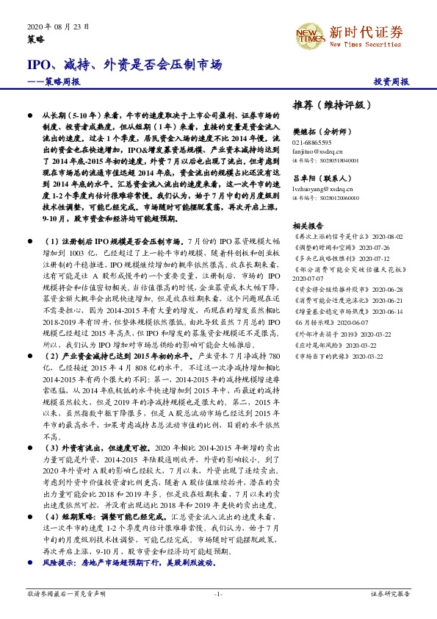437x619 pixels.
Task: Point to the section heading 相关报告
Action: [x=307, y=225]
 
